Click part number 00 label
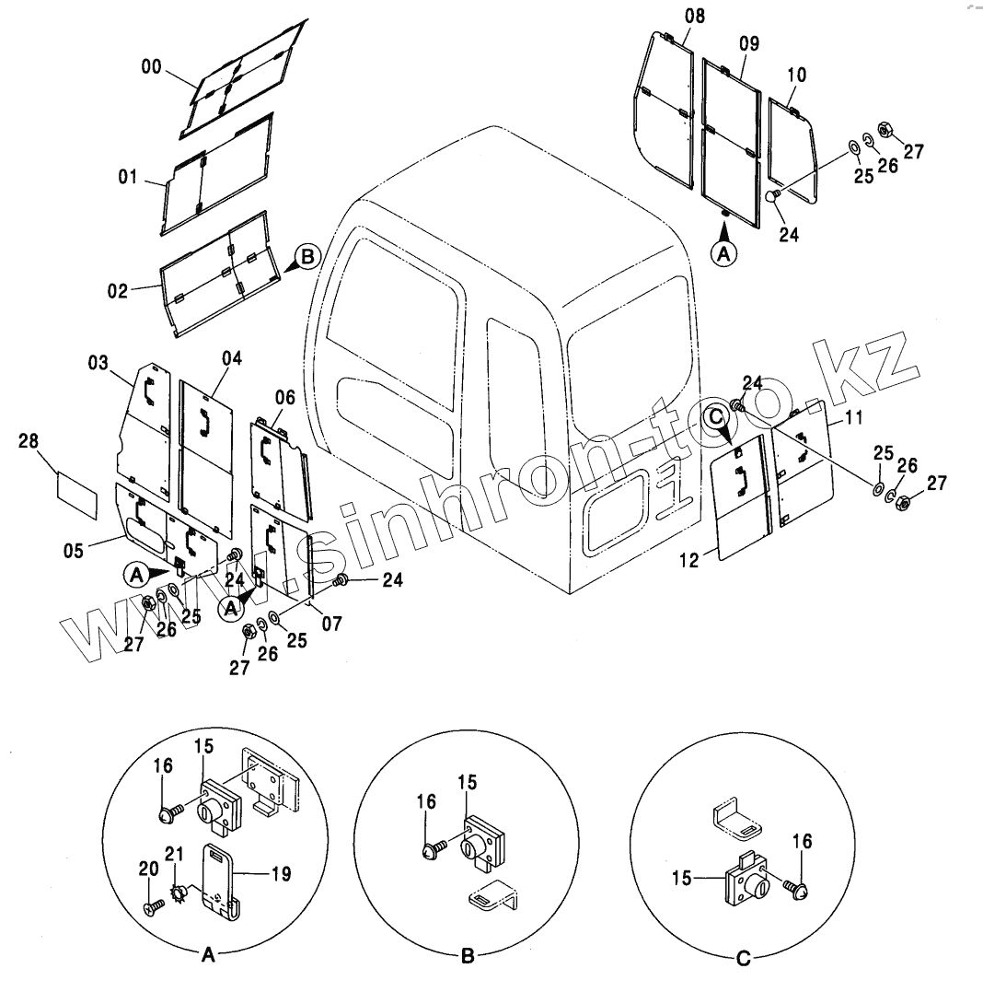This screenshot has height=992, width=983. point(152,66)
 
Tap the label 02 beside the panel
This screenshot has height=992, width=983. point(118,291)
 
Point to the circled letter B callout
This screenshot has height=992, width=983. point(306,256)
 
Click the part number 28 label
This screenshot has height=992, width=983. point(29,443)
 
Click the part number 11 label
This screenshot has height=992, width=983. point(853,417)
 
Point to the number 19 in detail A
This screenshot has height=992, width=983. point(281,873)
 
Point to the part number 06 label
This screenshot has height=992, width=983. point(285,397)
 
